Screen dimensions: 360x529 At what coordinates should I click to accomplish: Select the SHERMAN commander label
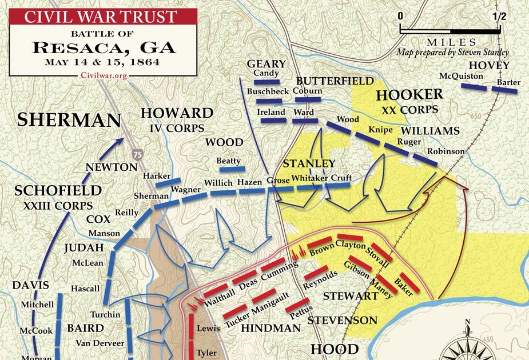point(69,120)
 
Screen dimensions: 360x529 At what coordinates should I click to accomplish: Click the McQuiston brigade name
point(462,76)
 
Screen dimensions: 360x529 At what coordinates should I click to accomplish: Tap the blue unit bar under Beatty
point(231,170)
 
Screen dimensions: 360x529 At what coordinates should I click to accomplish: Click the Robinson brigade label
point(445,151)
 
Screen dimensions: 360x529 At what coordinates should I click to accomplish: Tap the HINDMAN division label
point(271,328)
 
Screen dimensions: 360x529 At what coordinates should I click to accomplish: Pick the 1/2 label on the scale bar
point(499,16)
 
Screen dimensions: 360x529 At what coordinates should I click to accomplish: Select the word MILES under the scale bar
point(452,42)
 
